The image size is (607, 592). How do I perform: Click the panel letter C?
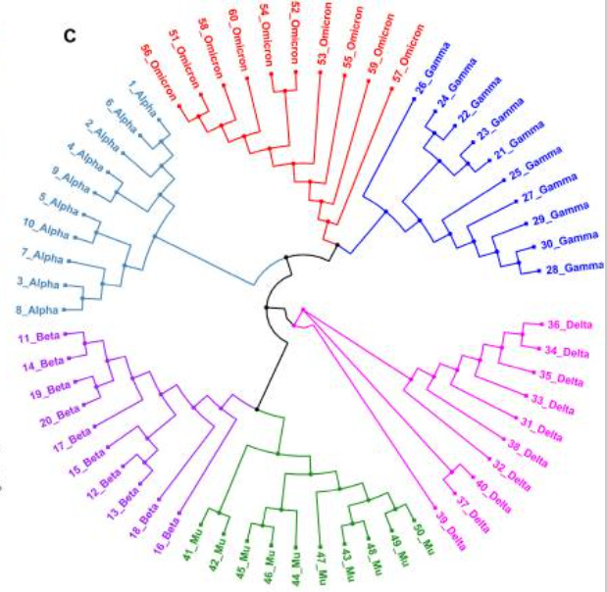pyautogui.click(x=70, y=37)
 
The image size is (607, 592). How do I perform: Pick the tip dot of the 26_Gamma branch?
pyautogui.click(x=416, y=91)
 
